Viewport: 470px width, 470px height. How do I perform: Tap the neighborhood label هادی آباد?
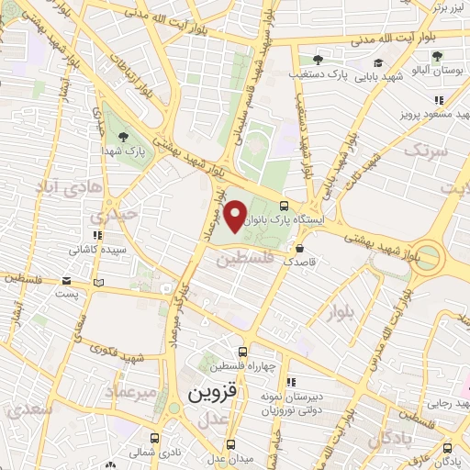(x=60, y=188)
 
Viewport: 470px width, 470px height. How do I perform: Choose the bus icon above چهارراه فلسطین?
(x=242, y=352)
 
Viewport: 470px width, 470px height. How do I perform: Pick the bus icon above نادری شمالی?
(x=155, y=437)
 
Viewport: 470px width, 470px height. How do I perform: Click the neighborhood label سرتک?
(x=427, y=149)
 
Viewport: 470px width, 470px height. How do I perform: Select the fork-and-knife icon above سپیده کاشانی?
(x=97, y=233)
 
